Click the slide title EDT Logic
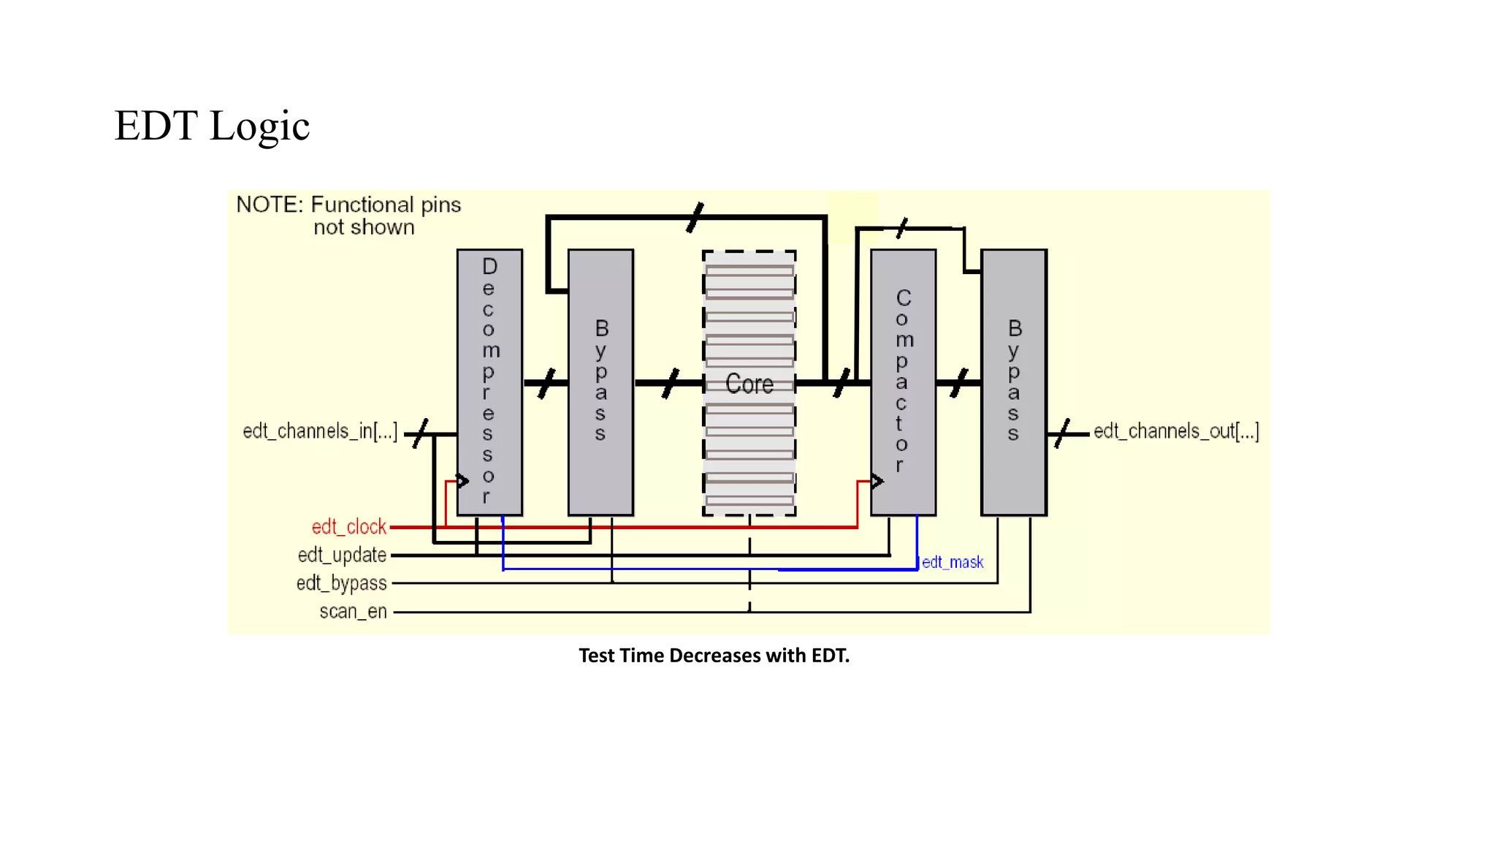pyautogui.click(x=212, y=126)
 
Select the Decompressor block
pyautogui.click(x=489, y=382)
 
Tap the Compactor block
pyautogui.click(x=903, y=382)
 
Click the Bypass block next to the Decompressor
pyautogui.click(x=600, y=382)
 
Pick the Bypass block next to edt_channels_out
pyautogui.click(x=1013, y=382)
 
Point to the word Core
pyautogui.click(x=749, y=384)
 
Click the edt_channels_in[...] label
pyautogui.click(x=320, y=431)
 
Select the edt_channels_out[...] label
pyautogui.click(x=1176, y=431)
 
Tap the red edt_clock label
pyautogui.click(x=348, y=527)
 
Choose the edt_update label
pyautogui.click(x=342, y=555)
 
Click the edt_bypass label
pyautogui.click(x=341, y=583)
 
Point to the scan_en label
pyautogui.click(x=353, y=612)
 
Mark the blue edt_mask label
pyautogui.click(x=953, y=562)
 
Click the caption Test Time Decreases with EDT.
pyautogui.click(x=714, y=656)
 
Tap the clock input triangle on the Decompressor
pyautogui.click(x=463, y=481)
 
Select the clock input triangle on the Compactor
pyautogui.click(x=877, y=481)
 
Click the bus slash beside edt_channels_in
pyautogui.click(x=420, y=433)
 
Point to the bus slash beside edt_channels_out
pyautogui.click(x=1062, y=433)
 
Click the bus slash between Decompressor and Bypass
pyautogui.click(x=546, y=384)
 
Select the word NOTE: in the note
pyautogui.click(x=269, y=205)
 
